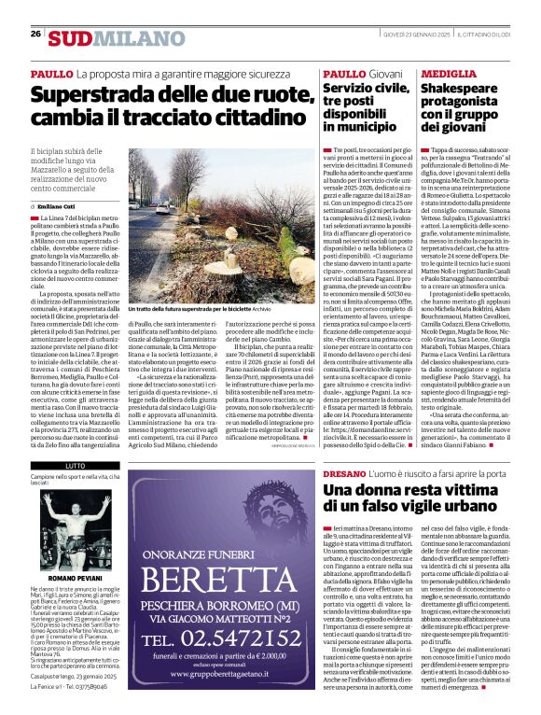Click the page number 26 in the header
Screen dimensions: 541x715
35,34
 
